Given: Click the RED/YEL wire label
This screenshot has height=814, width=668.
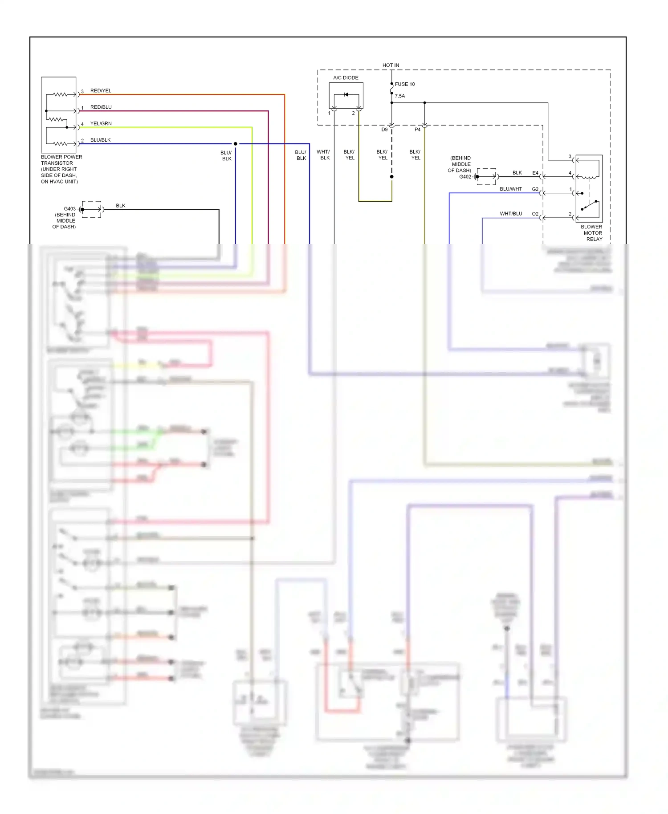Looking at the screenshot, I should click(x=101, y=91).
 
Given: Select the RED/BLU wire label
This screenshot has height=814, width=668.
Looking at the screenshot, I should click(x=101, y=107).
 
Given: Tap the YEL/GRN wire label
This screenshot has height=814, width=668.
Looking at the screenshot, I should click(x=101, y=124).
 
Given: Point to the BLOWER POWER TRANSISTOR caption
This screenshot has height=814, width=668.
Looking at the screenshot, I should click(x=61, y=169).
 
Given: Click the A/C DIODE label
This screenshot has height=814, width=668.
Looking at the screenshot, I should click(x=346, y=78).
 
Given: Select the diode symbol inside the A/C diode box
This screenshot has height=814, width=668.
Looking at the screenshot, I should click(x=346, y=94).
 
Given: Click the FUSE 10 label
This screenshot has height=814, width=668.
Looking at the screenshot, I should click(x=404, y=84).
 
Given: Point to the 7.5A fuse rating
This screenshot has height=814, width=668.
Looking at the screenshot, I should click(x=399, y=96).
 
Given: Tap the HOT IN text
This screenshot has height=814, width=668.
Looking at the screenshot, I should click(x=391, y=65).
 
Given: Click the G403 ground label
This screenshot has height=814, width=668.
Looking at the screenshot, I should click(x=69, y=209).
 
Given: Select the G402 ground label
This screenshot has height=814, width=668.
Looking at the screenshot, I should click(x=465, y=177).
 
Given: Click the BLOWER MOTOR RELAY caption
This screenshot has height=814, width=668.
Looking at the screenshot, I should click(x=592, y=233).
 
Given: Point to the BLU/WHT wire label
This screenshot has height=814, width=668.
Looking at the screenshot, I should click(x=510, y=189).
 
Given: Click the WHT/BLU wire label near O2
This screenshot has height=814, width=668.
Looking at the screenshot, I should click(x=510, y=214).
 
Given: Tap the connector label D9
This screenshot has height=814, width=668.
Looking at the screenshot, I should click(x=384, y=130).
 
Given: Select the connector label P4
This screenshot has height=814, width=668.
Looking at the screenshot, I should click(x=417, y=130).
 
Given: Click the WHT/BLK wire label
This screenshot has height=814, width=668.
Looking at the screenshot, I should click(x=324, y=155).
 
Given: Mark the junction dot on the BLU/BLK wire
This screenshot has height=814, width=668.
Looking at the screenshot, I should click(x=236, y=144).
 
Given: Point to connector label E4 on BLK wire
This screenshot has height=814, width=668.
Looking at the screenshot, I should click(x=535, y=173).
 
